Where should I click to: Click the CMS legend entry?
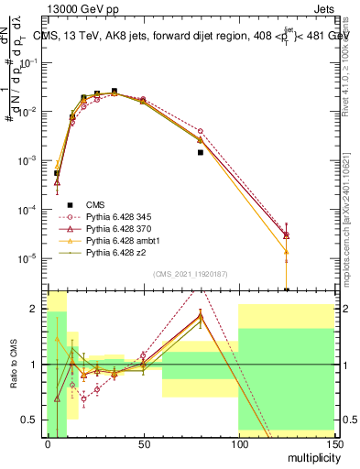(x=97, y=204)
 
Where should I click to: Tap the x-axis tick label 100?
(x=238, y=444)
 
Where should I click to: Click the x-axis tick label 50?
(x=143, y=444)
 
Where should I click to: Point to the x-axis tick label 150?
(x=333, y=444)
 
